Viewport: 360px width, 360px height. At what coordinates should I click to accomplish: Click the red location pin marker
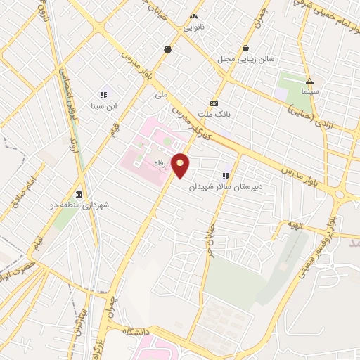[x=181, y=166]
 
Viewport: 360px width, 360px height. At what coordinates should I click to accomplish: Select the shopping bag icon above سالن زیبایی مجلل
[x=245, y=48]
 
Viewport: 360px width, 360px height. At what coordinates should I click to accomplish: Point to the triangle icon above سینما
[x=310, y=80]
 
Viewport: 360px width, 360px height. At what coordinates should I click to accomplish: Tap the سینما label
[x=310, y=91]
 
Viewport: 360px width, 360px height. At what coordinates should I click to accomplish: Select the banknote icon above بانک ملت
[x=214, y=102]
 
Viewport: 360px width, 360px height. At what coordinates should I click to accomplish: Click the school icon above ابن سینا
[x=103, y=95]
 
